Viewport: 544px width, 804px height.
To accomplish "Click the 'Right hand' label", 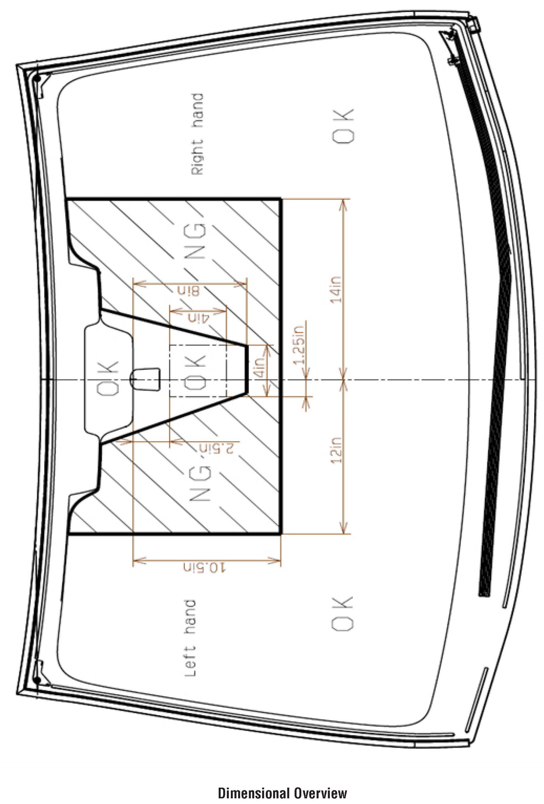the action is [197, 134].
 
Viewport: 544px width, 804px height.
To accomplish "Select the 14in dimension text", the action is [336, 290].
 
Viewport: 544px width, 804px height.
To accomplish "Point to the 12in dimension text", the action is [336, 451].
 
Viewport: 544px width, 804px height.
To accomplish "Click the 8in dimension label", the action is [189, 291].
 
